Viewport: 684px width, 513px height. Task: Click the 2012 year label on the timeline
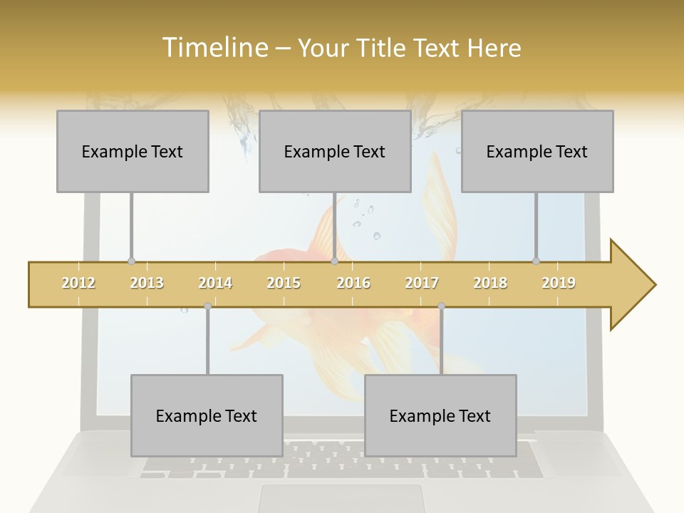[78, 283]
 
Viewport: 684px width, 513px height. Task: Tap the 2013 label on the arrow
[147, 283]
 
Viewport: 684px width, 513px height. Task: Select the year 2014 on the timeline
[215, 283]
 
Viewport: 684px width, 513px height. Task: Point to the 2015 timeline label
[284, 283]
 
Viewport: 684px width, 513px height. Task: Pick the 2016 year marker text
[353, 283]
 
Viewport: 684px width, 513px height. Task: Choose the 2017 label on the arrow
[422, 283]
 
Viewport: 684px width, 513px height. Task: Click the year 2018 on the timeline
[490, 283]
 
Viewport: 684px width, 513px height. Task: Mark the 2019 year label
[559, 283]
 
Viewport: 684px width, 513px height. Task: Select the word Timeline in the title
[213, 48]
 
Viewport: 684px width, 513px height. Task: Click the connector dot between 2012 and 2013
[131, 261]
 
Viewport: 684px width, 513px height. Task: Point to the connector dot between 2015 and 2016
[334, 261]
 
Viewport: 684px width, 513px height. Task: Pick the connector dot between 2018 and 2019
[536, 261]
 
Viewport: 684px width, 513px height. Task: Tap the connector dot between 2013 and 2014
[207, 306]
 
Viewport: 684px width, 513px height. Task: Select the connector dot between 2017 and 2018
[441, 306]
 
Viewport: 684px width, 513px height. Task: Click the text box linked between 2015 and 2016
[335, 151]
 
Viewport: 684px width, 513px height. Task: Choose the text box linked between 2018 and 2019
[537, 151]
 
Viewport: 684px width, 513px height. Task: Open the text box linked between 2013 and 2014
[207, 415]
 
